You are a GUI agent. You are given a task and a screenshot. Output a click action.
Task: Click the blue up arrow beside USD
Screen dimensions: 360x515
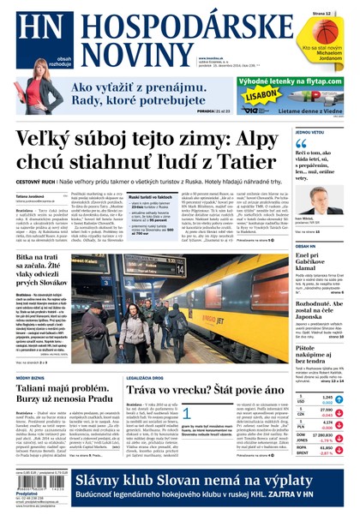340,400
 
